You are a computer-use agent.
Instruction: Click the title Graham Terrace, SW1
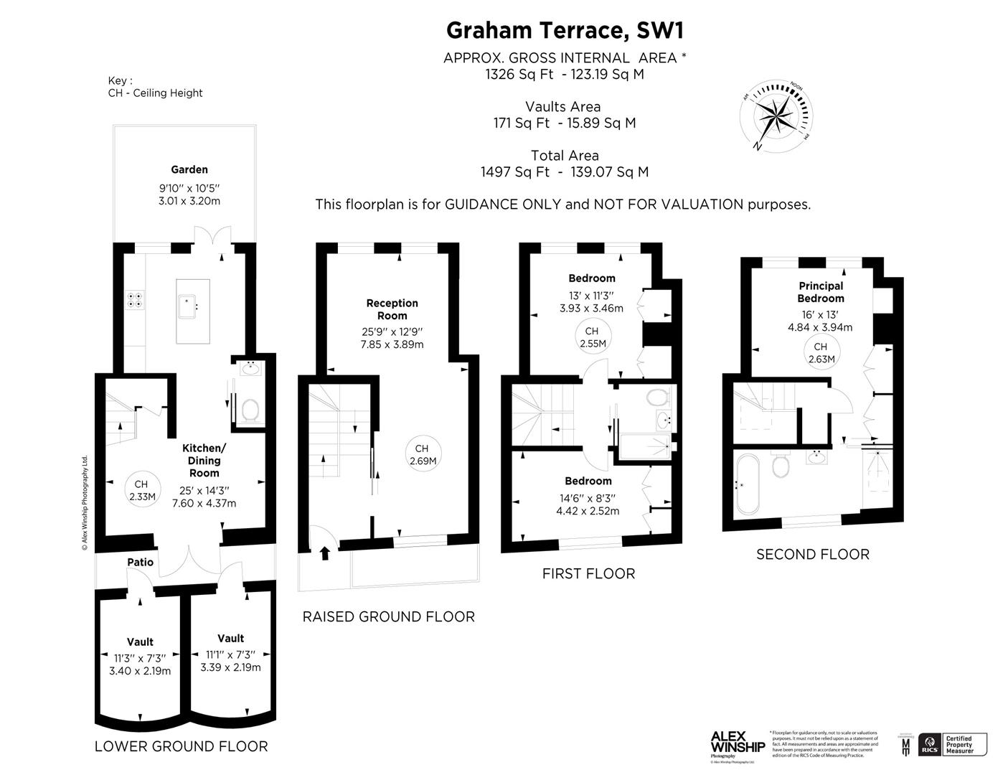(565, 30)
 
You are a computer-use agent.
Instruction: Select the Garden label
(189, 170)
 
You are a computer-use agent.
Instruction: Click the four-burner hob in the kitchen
(134, 299)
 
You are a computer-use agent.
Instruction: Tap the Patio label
(141, 562)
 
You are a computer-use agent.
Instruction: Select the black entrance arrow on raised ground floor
(325, 553)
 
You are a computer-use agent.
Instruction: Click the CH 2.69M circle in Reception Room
(423, 455)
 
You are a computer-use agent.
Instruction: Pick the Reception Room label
(392, 309)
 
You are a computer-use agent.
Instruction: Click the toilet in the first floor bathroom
(656, 397)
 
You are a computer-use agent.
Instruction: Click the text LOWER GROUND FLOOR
(181, 746)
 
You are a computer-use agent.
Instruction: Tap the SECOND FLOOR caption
(812, 554)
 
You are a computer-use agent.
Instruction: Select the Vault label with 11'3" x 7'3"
(140, 642)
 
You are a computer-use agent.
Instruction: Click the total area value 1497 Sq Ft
(515, 172)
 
